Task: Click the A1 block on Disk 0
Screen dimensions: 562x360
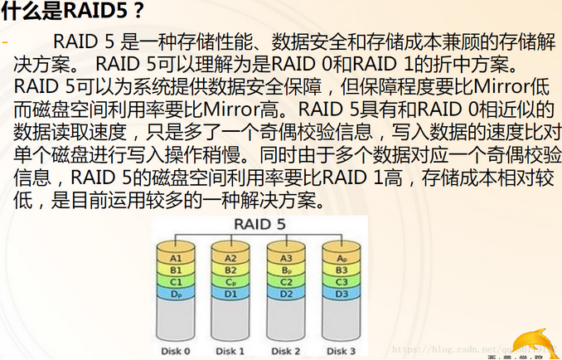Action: click(x=176, y=258)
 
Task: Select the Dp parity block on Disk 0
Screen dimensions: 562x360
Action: click(x=176, y=293)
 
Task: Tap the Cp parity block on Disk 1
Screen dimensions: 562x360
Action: click(x=230, y=281)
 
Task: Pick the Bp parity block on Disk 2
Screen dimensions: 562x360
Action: click(x=284, y=270)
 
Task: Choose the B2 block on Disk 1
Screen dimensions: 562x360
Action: click(x=230, y=270)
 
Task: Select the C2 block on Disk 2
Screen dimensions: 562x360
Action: click(x=284, y=281)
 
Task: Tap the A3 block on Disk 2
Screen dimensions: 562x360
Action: click(x=284, y=258)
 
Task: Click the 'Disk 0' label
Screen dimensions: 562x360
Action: click(x=176, y=351)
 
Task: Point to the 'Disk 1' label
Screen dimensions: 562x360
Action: click(x=230, y=351)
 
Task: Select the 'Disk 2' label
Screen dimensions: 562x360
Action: click(x=284, y=351)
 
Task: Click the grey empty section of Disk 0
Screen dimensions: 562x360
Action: click(x=176, y=319)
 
